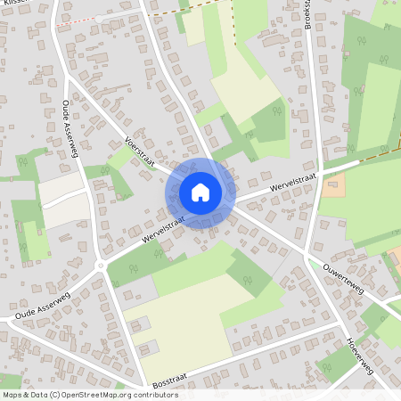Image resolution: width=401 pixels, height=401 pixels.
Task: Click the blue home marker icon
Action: pos(200,192)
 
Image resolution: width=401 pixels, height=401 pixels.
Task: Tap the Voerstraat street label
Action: pos(140,153)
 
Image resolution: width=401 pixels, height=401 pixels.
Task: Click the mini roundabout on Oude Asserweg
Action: pos(101,266)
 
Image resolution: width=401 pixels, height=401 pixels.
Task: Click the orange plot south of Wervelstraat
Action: pos(333,186)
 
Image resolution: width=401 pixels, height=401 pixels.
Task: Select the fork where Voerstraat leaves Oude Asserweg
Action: pos(74,85)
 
